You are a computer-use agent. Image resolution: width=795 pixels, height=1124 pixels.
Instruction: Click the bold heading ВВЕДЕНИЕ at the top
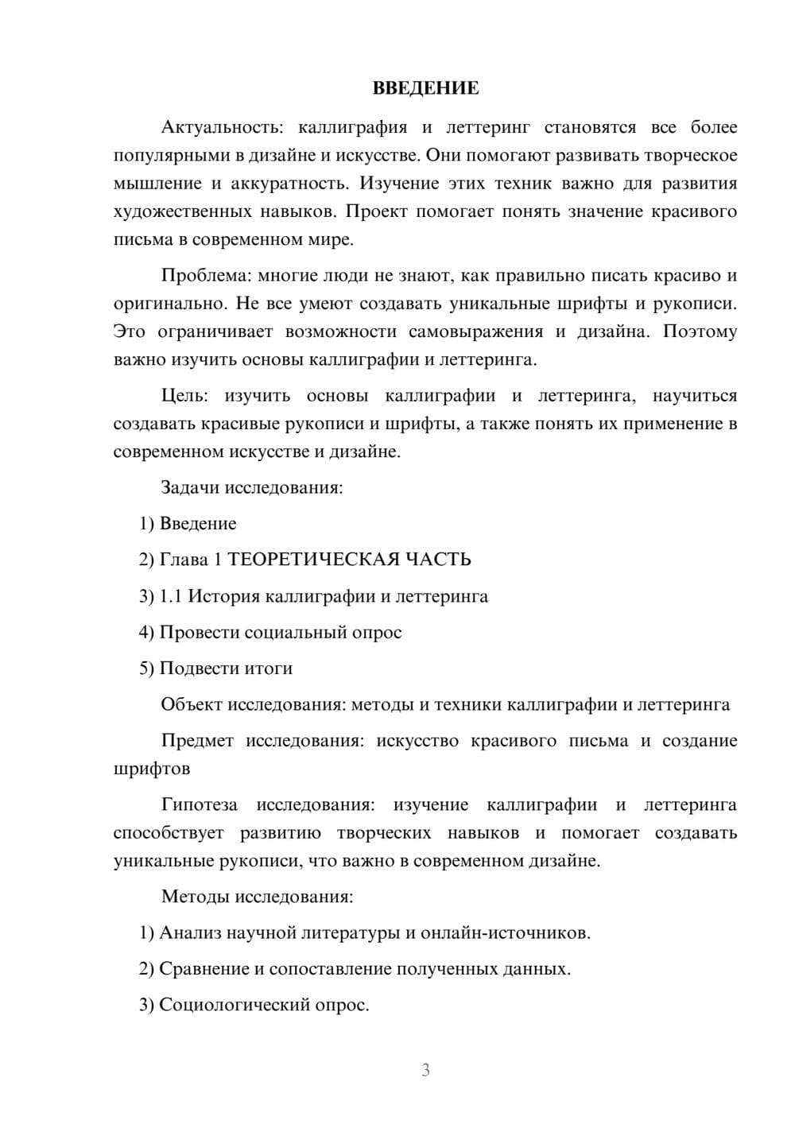coord(425,88)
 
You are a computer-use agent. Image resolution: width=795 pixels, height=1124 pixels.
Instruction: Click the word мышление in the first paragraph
coord(157,184)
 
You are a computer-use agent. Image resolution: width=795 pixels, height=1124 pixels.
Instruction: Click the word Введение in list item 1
coord(198,524)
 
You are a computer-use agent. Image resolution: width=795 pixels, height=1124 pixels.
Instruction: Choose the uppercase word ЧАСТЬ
coord(438,560)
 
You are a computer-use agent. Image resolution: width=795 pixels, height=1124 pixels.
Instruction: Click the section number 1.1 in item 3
coord(170,596)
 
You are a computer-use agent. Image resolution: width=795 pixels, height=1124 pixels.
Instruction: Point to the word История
coord(223,596)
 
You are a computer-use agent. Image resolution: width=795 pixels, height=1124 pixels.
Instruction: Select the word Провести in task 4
coord(200,633)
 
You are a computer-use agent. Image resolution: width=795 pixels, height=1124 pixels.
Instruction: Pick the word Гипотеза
coord(199,805)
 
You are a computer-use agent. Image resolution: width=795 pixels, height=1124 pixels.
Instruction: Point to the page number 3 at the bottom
coord(425,1070)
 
